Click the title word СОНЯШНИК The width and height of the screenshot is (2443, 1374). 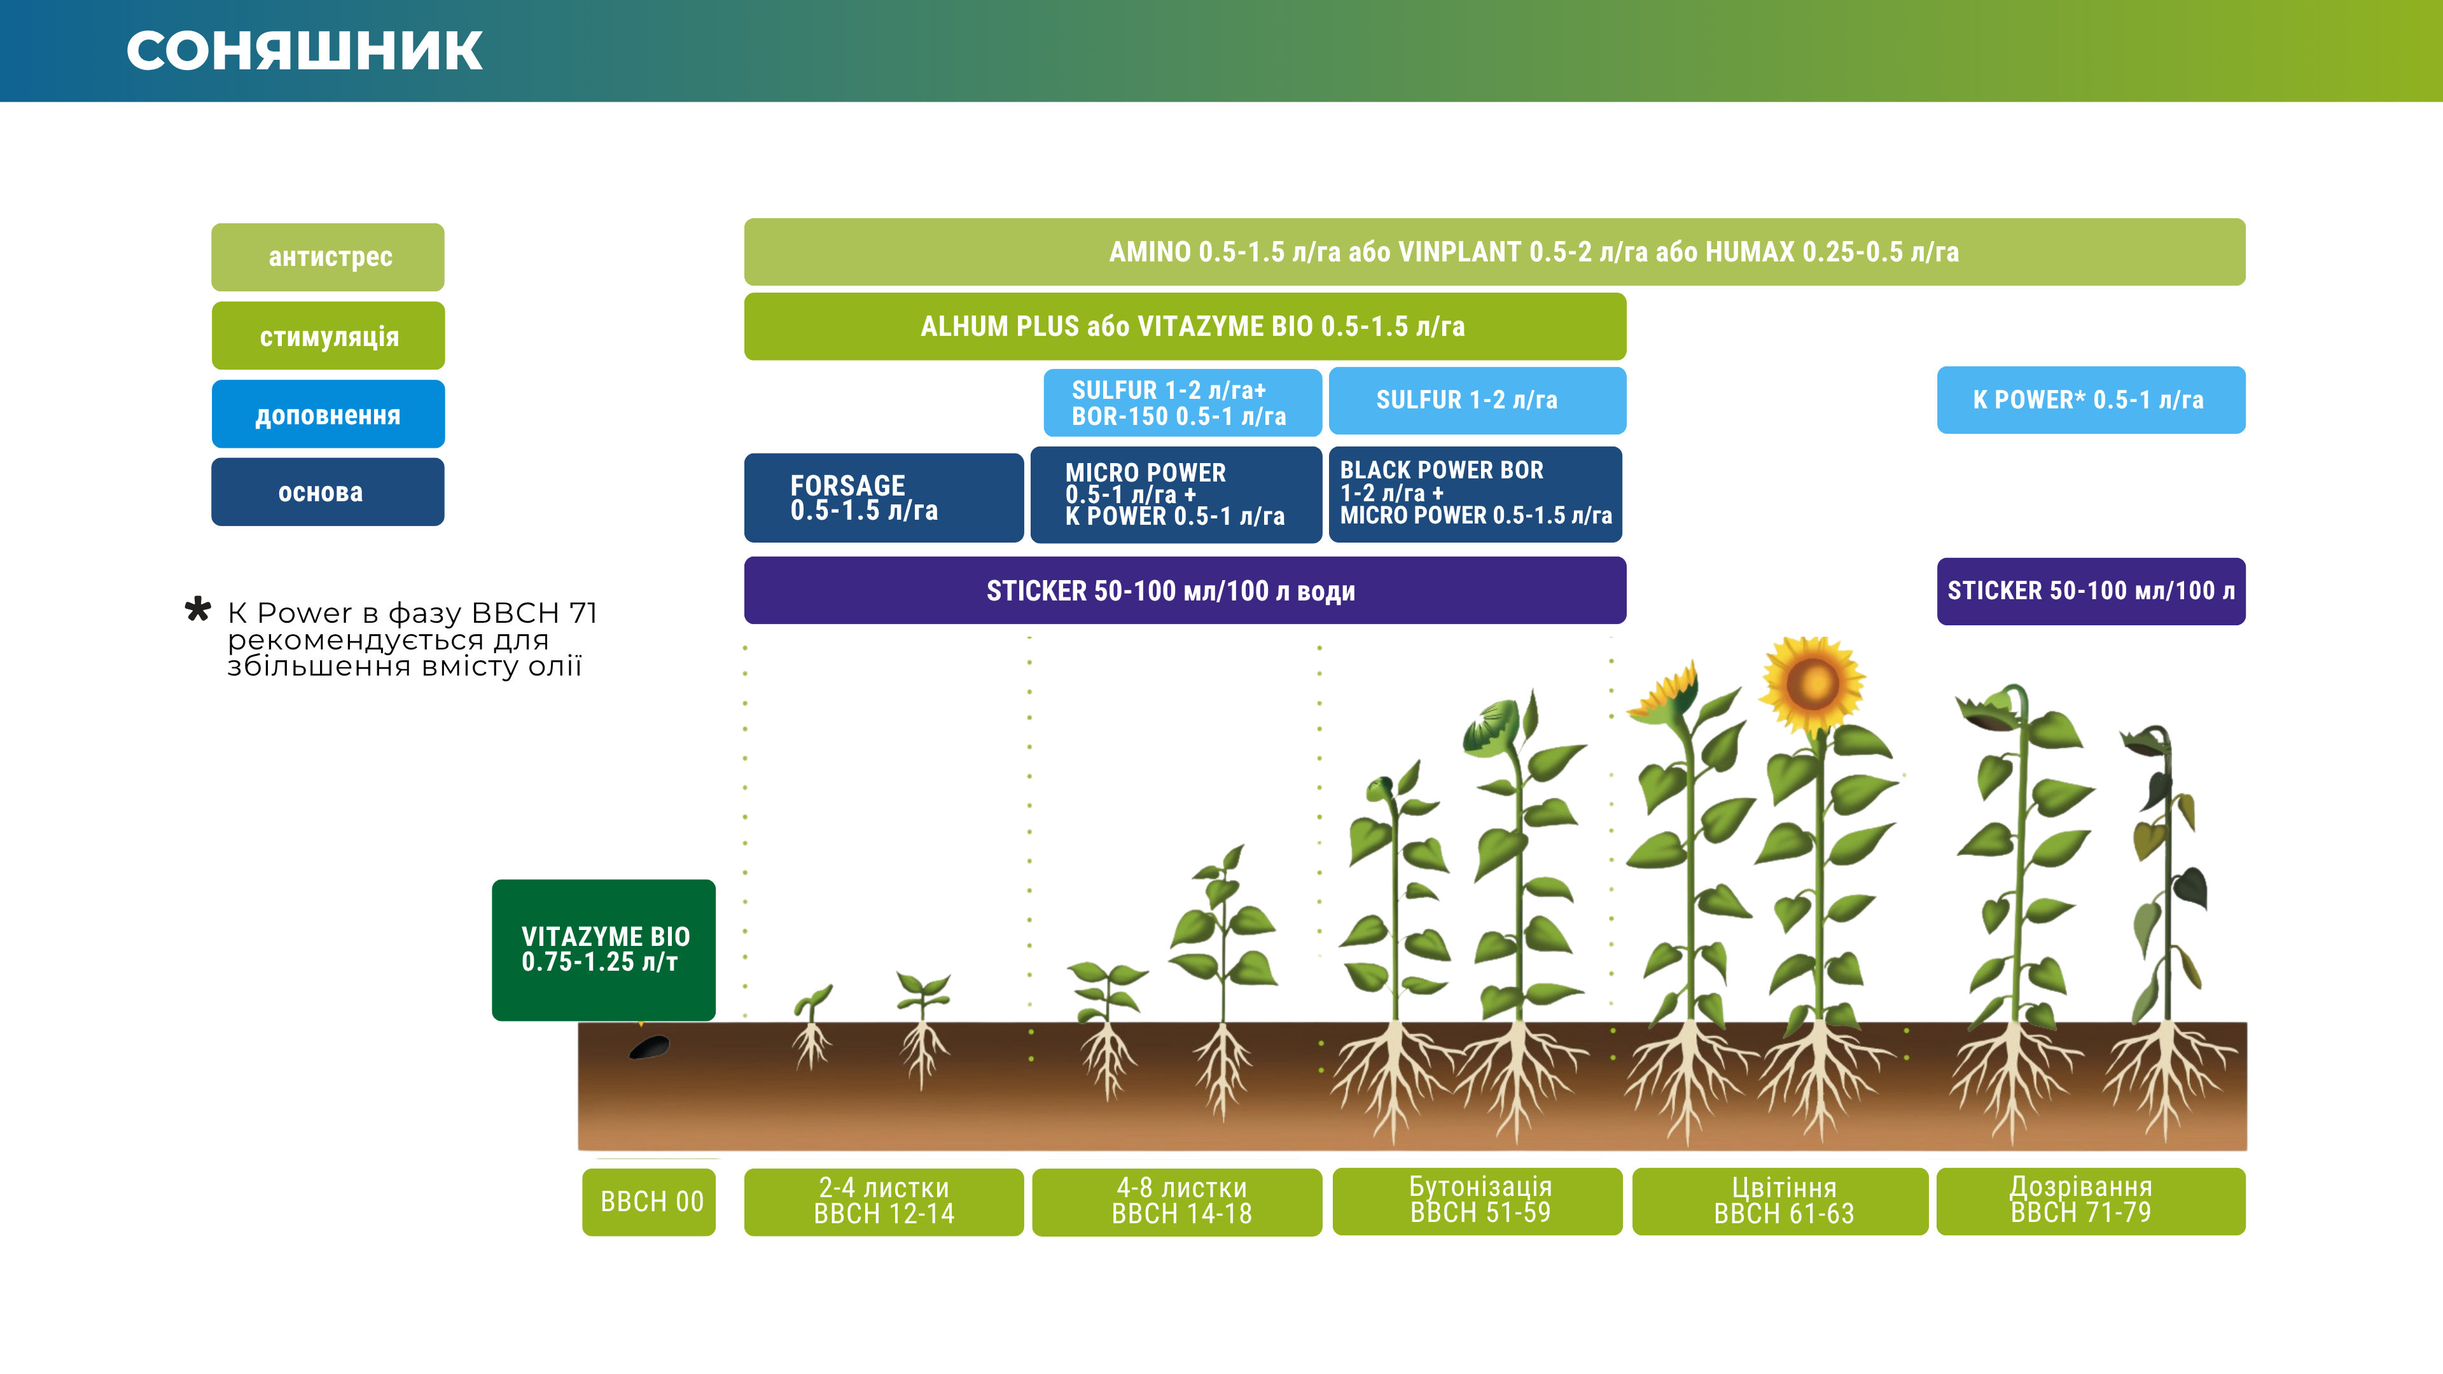coord(305,51)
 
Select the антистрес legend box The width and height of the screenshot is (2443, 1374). coord(328,257)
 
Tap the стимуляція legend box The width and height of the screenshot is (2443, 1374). coord(328,336)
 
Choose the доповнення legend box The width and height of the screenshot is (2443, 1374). coord(328,414)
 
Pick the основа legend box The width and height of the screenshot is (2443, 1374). coord(328,492)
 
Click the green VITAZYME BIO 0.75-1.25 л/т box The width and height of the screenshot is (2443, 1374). coord(604,950)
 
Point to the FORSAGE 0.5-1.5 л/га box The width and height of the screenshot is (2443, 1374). coord(884,498)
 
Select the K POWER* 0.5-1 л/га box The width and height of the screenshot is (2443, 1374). coord(2091,400)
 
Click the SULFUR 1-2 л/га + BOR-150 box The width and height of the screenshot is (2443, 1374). coord(1183,402)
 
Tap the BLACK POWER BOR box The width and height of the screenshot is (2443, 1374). coord(1476,494)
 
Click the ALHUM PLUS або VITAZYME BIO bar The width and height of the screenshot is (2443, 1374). coord(1185,326)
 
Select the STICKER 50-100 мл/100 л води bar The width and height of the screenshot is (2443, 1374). coord(1185,591)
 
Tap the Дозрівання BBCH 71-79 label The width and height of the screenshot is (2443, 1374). coord(2091,1200)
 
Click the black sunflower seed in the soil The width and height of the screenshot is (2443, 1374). coord(650,1048)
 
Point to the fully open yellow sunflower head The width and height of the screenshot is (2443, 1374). coord(1813,684)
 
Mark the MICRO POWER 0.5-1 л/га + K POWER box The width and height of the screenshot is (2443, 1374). coord(1176,495)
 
